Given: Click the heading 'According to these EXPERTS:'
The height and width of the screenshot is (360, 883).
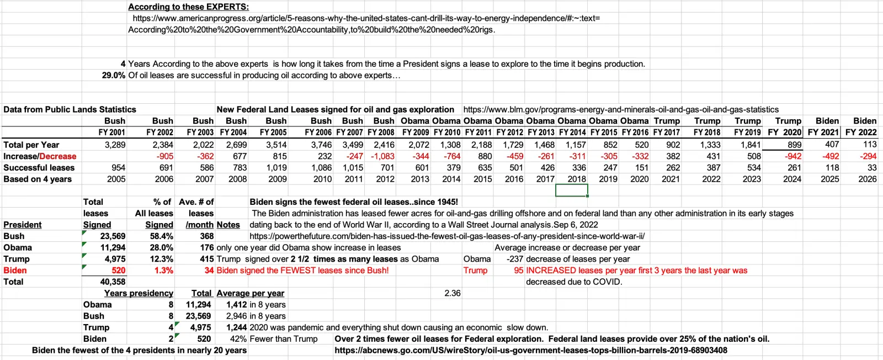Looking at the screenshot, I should tap(188, 7).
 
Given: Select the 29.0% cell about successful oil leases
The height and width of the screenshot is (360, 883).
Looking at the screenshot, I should tap(113, 76).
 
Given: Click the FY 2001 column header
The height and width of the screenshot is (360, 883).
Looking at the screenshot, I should tap(112, 133).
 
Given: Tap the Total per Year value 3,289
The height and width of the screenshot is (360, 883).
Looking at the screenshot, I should tap(115, 145).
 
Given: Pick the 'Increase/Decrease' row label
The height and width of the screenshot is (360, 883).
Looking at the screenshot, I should tap(40, 156).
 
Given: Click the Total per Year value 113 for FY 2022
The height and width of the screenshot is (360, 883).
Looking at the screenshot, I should tap(870, 145).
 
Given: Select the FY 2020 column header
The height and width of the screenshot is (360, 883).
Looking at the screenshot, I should tap(784, 133).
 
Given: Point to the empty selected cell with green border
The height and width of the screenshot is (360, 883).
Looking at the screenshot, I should tap(571, 190).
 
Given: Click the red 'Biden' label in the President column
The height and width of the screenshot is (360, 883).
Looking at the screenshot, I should tap(15, 271).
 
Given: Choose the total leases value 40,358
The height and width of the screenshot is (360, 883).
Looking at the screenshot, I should tap(113, 282).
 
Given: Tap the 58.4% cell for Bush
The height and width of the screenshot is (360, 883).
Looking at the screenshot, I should tap(162, 236).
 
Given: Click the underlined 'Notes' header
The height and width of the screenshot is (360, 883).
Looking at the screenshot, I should tap(228, 225).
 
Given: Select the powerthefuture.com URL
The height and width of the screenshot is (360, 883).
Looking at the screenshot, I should tap(447, 236).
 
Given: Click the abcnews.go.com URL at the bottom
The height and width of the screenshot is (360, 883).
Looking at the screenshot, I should tap(531, 351).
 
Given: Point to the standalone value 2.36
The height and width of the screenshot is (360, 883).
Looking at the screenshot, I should tap(452, 293).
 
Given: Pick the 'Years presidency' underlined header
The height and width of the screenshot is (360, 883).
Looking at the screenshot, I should tap(139, 293).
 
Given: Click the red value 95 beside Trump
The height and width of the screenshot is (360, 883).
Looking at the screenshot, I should tap(518, 271).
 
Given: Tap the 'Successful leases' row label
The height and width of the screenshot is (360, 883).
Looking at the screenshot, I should tap(39, 168).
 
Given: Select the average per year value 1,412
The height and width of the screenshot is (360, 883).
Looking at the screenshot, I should tap(236, 305).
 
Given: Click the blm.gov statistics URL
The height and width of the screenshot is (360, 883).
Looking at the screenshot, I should tap(621, 110).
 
